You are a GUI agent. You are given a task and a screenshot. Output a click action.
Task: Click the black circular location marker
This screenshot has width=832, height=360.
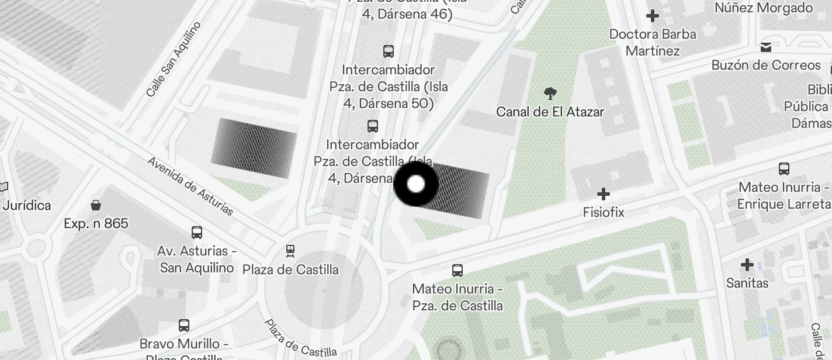pos(415,184)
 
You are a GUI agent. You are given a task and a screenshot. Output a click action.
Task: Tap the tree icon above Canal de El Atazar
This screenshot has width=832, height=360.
pos(550,93)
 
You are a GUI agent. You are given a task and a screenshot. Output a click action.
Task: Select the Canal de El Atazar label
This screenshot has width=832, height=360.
pos(550,111)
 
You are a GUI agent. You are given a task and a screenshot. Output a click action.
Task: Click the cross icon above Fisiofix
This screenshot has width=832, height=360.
pos(604,194)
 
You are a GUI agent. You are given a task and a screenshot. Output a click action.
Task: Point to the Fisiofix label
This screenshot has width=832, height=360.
pos(604,212)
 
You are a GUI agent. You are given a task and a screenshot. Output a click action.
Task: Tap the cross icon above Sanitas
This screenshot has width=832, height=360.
pos(747,265)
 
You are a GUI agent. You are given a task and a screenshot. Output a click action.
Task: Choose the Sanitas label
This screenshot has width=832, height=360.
pos(747,283)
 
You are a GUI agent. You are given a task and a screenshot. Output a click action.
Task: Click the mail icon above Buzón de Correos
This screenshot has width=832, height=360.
pos(766,47)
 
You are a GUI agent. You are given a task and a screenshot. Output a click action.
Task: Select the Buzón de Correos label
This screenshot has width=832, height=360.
pos(766,65)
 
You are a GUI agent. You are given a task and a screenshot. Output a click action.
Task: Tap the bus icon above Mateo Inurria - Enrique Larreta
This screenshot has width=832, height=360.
pos(784,169)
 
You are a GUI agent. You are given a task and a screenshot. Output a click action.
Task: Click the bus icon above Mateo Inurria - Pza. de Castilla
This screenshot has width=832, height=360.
pos(457,271)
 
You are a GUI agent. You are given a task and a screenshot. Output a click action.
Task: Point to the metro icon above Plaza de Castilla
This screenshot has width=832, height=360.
pos(290,251)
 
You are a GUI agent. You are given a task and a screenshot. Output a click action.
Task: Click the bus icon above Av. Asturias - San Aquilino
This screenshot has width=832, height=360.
pos(197,233)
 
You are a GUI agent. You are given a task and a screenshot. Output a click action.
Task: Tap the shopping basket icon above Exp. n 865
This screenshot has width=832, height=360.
pos(96,205)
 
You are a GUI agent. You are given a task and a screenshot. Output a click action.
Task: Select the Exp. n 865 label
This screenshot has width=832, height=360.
pos(96,223)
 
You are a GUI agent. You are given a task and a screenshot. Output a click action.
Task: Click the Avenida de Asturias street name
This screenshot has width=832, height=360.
pos(190,186)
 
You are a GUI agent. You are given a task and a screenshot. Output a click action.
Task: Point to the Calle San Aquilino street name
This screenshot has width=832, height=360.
pos(174,59)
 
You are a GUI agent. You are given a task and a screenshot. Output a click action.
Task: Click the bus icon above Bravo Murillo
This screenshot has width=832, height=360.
pos(184,325)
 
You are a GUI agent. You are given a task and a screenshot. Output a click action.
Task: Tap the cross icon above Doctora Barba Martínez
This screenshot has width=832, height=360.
pos(653,16)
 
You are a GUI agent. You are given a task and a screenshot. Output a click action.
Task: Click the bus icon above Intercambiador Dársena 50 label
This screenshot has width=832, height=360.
pos(389,51)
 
